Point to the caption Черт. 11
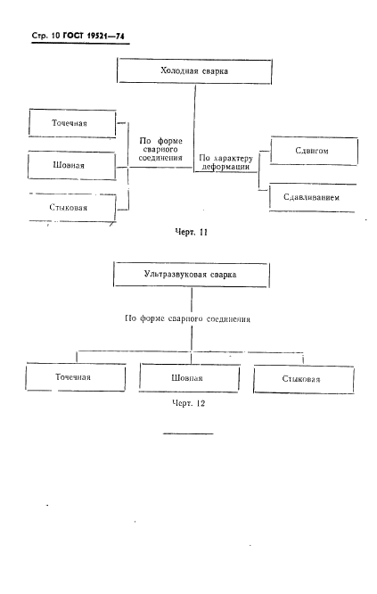(191, 232)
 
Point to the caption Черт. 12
(189, 403)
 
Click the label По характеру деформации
(225, 162)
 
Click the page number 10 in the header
(55, 36)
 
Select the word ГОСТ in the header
(74, 36)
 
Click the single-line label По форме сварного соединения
(188, 318)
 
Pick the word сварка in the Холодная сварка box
(215, 70)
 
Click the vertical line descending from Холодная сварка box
(195, 128)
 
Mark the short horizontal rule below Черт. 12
(188, 433)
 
